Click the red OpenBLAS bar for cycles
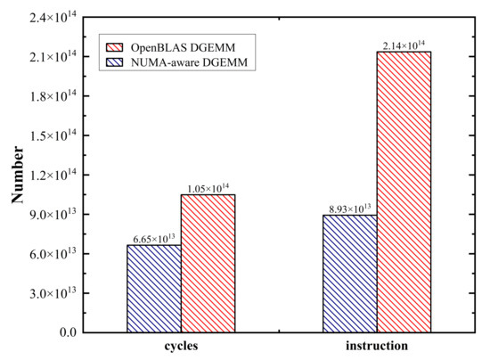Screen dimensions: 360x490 click(208, 263)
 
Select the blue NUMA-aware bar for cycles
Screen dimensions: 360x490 click(155, 288)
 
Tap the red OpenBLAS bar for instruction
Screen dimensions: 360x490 click(404, 192)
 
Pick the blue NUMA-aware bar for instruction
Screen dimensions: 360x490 click(350, 274)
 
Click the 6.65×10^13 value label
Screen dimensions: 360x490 click(155, 238)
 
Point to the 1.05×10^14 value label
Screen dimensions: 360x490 click(209, 188)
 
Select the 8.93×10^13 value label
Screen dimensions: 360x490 click(350, 209)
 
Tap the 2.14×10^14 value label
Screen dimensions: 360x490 click(404, 45)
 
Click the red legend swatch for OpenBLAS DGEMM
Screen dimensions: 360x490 click(115, 45)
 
